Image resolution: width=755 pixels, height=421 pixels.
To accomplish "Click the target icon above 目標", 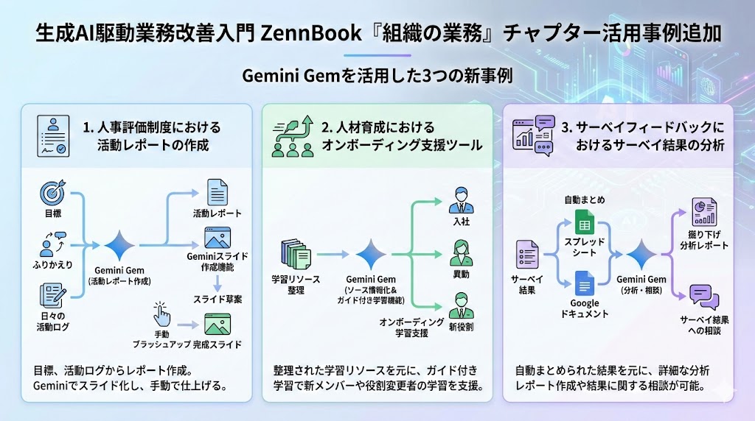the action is pos(53,193).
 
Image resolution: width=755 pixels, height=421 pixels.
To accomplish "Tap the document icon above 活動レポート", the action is pos(218,192).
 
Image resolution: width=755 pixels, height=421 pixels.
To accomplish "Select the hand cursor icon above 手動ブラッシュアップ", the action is pos(161,314).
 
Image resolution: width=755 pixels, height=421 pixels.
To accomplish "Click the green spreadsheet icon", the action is pos(585,222).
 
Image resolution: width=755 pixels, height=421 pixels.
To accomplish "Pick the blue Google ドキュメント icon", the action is pos(585,283).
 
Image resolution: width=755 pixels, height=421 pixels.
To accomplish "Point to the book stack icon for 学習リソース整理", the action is pos(296,255).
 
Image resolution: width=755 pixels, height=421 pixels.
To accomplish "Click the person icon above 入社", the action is pos(462,200).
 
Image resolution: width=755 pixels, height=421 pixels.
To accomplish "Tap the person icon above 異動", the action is pos(462,253).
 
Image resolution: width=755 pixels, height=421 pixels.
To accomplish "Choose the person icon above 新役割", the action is pos(462,305).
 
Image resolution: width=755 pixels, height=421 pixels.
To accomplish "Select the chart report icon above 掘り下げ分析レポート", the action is pos(704,212).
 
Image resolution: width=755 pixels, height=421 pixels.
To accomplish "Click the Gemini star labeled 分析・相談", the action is pos(641,255).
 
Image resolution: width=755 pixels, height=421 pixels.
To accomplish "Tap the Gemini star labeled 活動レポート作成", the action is pos(119,246).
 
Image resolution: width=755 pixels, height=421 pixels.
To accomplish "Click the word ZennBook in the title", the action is pos(310,33).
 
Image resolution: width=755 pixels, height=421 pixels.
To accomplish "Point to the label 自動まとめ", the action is pos(585,200).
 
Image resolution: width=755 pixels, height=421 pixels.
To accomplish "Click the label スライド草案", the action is pos(218,300).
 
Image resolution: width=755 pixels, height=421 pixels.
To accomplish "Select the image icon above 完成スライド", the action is pos(218,324).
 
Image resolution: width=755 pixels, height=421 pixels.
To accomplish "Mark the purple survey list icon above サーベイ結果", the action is pos(526,254).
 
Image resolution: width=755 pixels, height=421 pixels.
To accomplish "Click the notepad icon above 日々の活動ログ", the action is pos(53,295).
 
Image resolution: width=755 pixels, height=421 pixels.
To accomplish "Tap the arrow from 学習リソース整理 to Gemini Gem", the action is pos(333,255).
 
